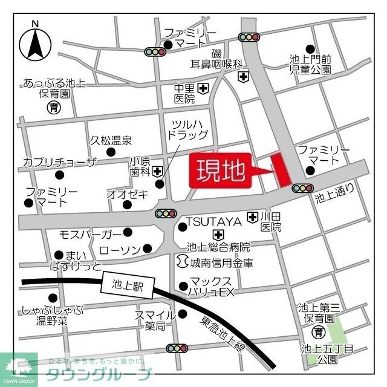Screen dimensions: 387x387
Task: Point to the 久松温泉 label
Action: coord(111,140)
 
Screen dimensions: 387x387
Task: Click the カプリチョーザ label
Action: coord(59,162)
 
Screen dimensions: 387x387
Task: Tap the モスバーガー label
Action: coord(90,233)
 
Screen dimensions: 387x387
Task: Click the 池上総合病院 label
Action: coord(218,247)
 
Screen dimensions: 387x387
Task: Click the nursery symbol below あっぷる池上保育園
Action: coord(53,108)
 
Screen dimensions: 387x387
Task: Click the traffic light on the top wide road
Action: coord(249,37)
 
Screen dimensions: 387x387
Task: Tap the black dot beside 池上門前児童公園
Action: coord(310,49)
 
